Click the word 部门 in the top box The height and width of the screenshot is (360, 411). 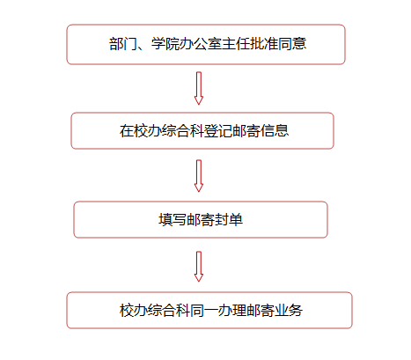pyautogui.click(x=123, y=44)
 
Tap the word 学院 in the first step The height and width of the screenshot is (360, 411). pyautogui.click(x=165, y=44)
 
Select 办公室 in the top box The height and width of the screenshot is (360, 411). pyautogui.click(x=201, y=44)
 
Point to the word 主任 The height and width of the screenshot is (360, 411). pyautogui.click(x=236, y=44)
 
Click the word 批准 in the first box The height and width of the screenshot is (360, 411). pyautogui.click(x=264, y=44)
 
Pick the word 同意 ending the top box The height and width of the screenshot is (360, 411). pyautogui.click(x=292, y=44)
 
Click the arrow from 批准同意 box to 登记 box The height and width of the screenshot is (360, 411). pyautogui.click(x=199, y=88)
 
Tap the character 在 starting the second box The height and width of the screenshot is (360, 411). pyautogui.click(x=127, y=131)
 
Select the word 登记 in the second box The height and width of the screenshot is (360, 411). pyautogui.click(x=218, y=131)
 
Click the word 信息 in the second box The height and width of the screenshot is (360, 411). pyautogui.click(x=275, y=131)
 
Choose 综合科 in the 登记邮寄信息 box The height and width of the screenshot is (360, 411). pyautogui.click(x=183, y=131)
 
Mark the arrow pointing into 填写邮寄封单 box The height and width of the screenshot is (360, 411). pyautogui.click(x=199, y=176)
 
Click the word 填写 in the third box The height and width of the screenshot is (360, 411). pyautogui.click(x=172, y=220)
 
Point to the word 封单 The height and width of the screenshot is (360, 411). pyautogui.click(x=229, y=220)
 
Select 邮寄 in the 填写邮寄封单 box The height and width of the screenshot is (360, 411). pyautogui.click(x=201, y=220)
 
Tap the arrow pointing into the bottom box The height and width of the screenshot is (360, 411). pyautogui.click(x=199, y=267)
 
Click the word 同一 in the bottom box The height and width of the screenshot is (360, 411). pyautogui.click(x=204, y=311)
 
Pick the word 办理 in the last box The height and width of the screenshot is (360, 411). pyautogui.click(x=232, y=311)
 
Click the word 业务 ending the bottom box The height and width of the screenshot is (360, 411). pyautogui.click(x=289, y=311)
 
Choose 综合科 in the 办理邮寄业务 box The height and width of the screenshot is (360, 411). pyautogui.click(x=169, y=311)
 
